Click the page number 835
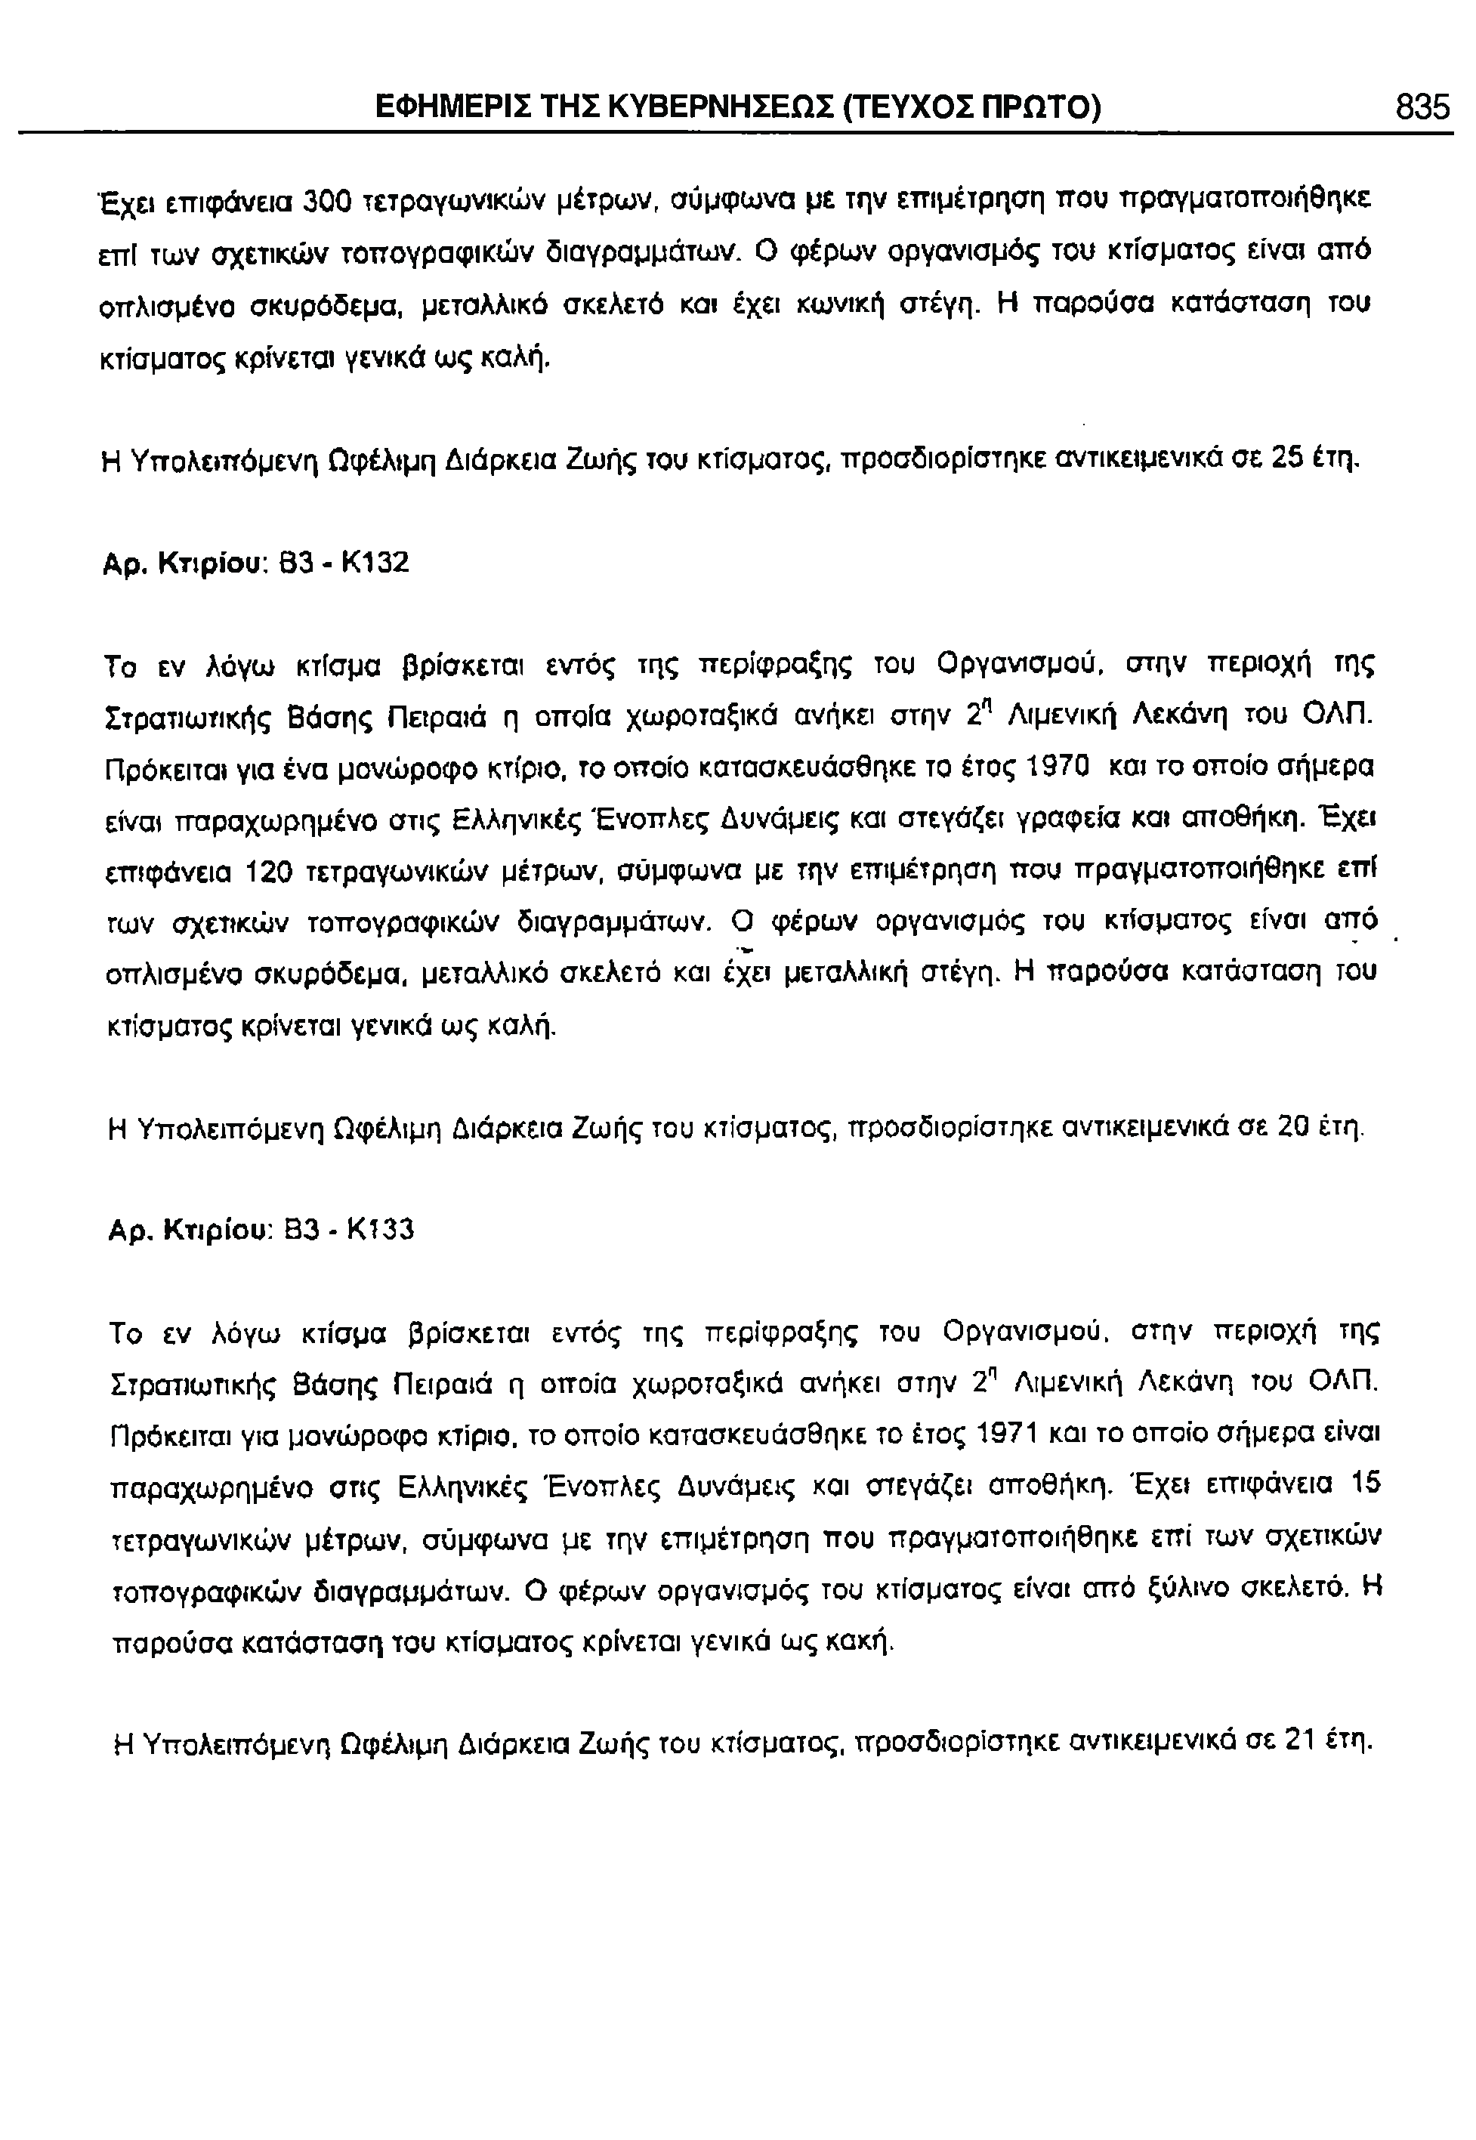[1422, 109]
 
